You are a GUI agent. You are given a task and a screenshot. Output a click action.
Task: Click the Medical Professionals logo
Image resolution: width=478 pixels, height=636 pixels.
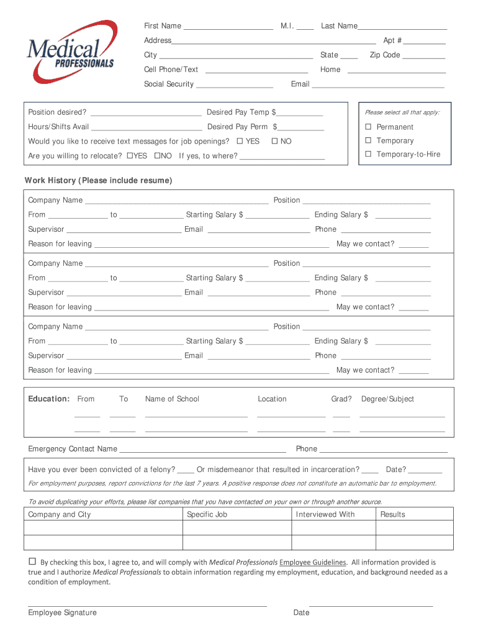(x=71, y=52)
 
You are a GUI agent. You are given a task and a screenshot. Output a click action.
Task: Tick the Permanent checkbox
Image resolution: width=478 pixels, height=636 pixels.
(x=368, y=127)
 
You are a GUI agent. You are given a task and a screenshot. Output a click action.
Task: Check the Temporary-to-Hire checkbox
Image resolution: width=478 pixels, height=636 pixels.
(x=368, y=154)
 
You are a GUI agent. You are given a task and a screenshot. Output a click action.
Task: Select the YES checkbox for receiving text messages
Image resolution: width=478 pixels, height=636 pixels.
(x=240, y=142)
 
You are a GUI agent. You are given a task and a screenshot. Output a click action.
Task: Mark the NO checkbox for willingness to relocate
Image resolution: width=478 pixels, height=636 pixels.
(x=158, y=156)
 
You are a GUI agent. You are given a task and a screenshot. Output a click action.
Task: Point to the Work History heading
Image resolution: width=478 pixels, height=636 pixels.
(x=98, y=181)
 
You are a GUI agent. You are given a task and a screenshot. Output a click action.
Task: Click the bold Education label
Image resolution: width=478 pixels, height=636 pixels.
(x=48, y=399)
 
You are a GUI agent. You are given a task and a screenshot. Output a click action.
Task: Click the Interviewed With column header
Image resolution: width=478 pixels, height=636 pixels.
(x=325, y=514)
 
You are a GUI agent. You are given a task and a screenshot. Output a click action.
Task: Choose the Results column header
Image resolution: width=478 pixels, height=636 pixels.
(x=392, y=514)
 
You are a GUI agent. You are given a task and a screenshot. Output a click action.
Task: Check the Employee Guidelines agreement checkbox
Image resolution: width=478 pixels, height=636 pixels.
(x=32, y=561)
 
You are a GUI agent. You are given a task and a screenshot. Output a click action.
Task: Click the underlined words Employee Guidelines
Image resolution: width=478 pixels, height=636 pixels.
(x=313, y=562)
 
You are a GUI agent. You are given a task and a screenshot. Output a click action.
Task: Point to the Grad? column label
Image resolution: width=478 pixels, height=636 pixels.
(x=341, y=399)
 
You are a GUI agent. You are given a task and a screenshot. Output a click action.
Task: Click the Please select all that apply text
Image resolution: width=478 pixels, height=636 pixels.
(x=402, y=112)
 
